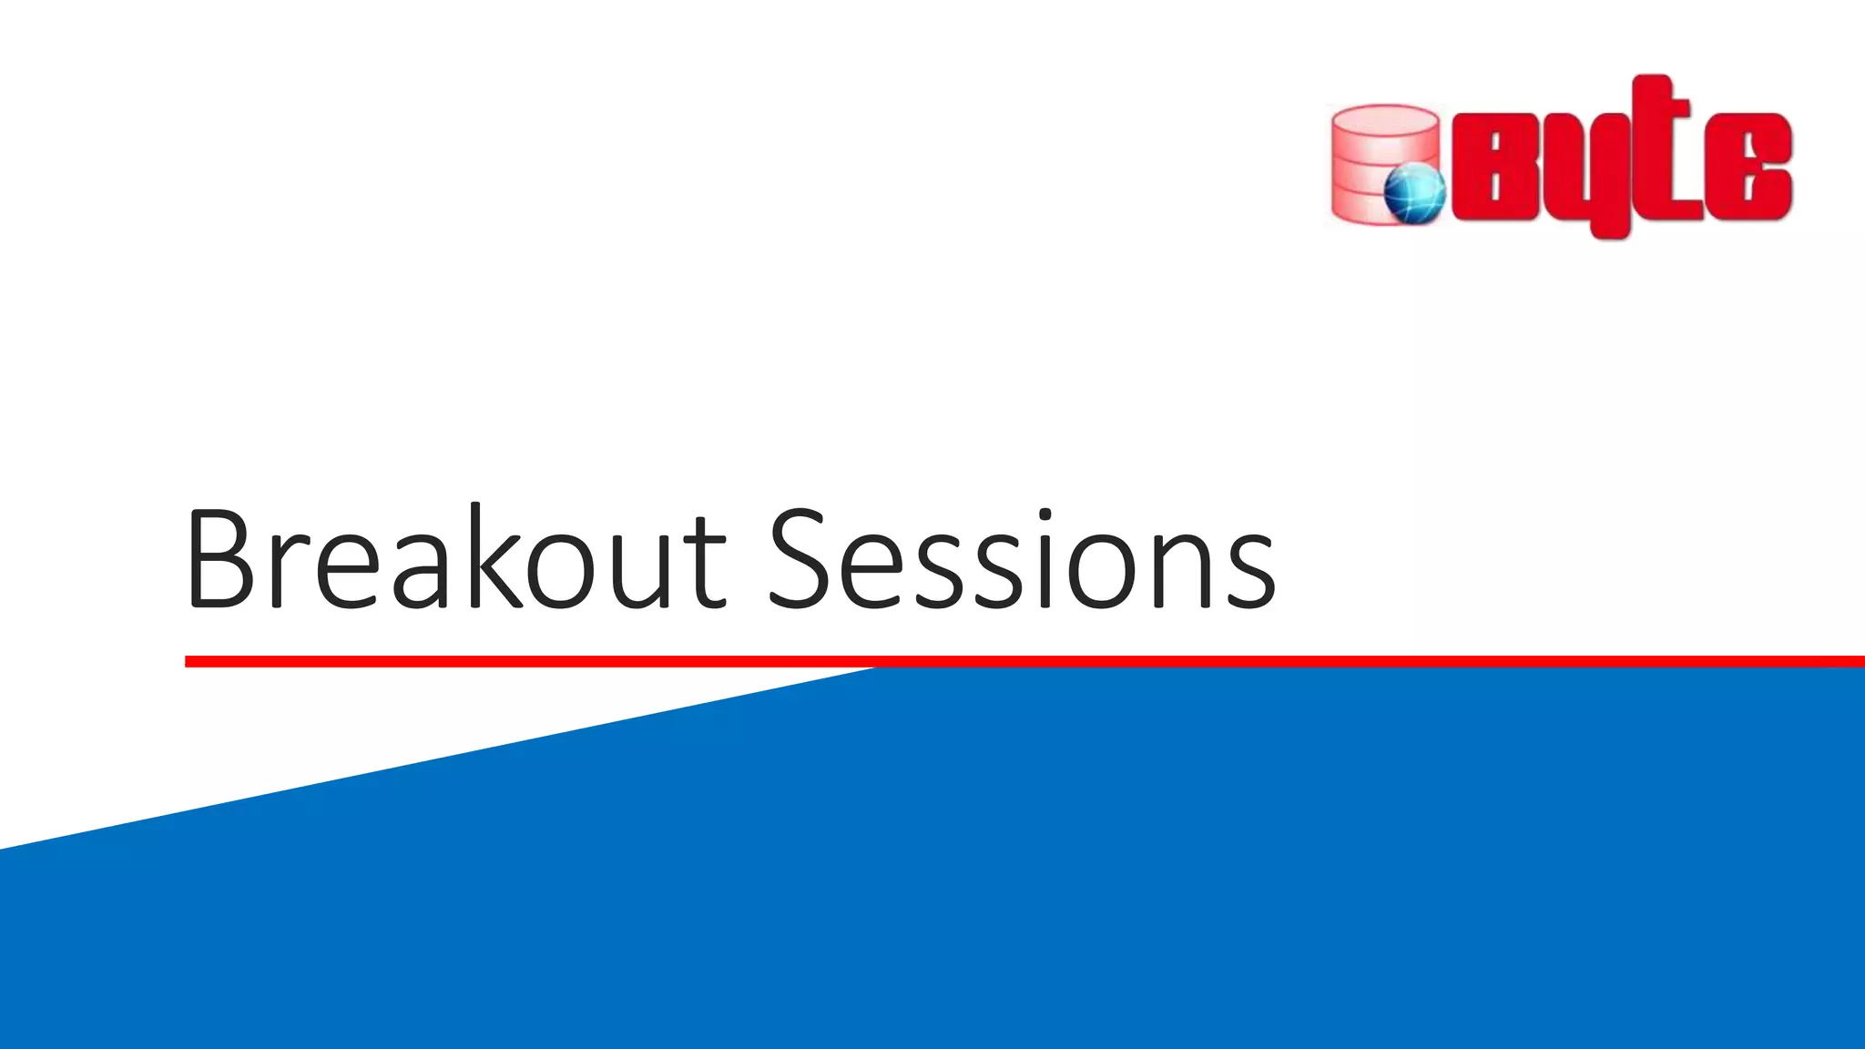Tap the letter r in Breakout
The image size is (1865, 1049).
coord(288,574)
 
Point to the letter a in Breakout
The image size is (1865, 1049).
coord(420,574)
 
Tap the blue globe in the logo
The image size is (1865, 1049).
coord(1414,193)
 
